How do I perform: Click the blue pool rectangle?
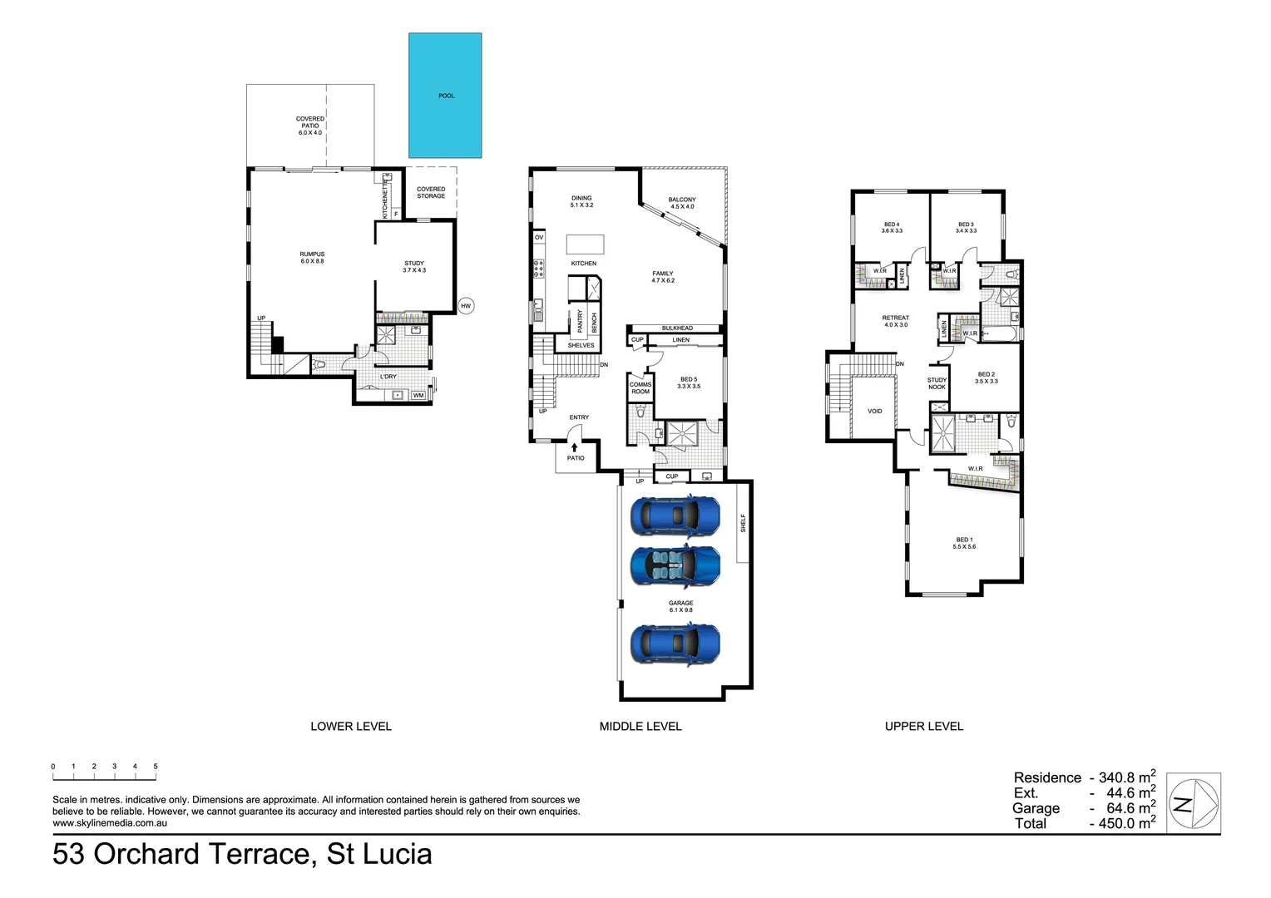tap(445, 96)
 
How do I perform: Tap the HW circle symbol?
tap(466, 306)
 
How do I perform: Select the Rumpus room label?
tap(312, 258)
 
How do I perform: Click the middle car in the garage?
tap(675, 565)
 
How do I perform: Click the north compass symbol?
tap(1194, 804)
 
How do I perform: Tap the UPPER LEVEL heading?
tap(923, 726)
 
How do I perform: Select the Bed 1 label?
tap(964, 543)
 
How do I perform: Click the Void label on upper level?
tap(874, 411)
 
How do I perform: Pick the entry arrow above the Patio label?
tap(574, 447)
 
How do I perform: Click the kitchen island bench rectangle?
tap(585, 244)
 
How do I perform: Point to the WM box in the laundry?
tap(418, 395)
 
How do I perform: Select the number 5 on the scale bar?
tap(156, 767)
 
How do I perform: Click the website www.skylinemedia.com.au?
tap(110, 823)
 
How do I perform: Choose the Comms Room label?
tap(640, 388)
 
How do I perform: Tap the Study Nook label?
tap(937, 383)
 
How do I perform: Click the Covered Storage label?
tap(431, 192)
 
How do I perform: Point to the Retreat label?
tap(896, 321)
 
